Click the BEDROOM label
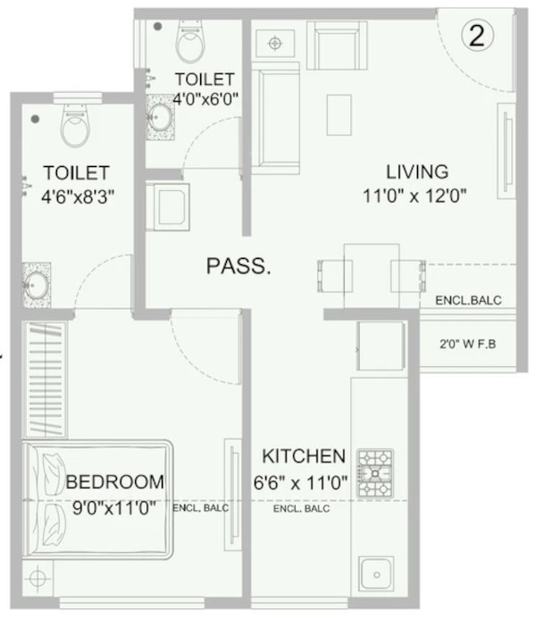click(x=115, y=483)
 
